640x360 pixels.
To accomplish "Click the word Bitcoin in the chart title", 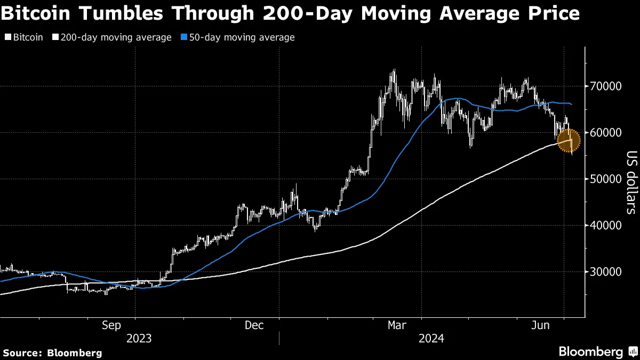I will [35, 13].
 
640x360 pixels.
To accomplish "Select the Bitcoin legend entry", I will [27, 37].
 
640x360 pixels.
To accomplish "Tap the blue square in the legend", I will [183, 37].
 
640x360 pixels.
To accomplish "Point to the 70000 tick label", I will [605, 86].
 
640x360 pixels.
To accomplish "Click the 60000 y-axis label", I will [605, 132].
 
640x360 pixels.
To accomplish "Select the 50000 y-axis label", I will [605, 179].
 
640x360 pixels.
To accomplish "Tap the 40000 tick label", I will [605, 225].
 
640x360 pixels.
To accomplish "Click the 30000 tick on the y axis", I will [605, 271].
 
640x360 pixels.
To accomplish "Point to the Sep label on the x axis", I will [111, 325].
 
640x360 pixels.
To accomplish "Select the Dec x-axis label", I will [254, 325].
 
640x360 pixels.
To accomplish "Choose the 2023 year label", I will [139, 338].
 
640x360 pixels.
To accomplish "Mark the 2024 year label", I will [431, 338].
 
